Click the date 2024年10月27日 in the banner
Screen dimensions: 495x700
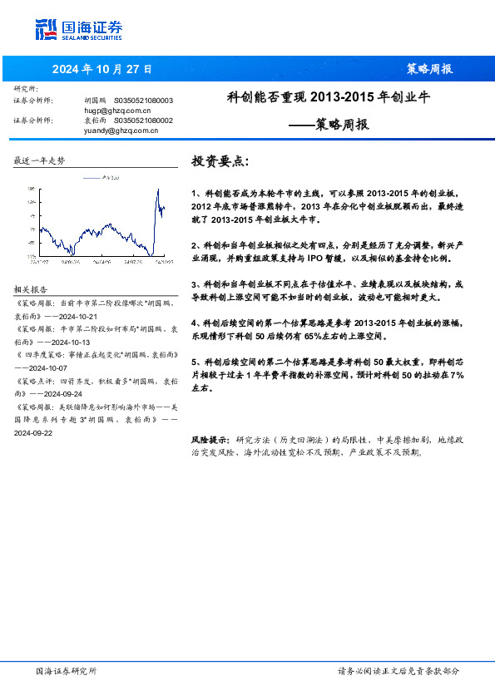[x=101, y=69]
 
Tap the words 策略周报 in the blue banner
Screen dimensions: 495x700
[x=428, y=69]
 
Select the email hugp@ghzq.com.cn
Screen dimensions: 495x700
[x=117, y=110]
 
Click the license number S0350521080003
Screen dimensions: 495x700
[x=143, y=100]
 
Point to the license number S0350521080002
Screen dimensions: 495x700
[x=143, y=121]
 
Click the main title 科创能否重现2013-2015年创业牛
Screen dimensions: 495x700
[x=328, y=97]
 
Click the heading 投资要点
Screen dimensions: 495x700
[x=220, y=160]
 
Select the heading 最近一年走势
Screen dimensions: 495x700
[x=39, y=160]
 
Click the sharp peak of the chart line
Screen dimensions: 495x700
[x=158, y=190]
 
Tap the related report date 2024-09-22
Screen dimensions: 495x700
[x=32, y=432]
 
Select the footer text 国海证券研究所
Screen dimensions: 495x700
[x=67, y=671]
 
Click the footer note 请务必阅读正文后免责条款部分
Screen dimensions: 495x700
[x=398, y=671]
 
